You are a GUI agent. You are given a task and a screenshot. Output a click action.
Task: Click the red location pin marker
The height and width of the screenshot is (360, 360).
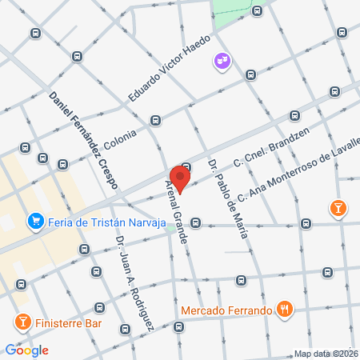coord(179,178)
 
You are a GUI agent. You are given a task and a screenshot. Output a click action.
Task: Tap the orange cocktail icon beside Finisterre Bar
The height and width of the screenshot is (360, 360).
coord(22,322)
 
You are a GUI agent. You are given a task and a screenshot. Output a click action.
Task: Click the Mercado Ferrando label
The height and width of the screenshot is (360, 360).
coord(226,310)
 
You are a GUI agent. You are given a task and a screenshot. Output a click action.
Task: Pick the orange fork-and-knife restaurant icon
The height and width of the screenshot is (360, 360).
coord(284,309)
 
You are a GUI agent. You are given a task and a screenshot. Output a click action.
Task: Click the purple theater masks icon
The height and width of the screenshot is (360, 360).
coord(221,61)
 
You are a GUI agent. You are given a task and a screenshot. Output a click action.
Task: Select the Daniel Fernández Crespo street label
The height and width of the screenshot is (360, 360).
coord(83,140)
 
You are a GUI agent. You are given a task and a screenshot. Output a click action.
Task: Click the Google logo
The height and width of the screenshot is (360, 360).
coord(26,350)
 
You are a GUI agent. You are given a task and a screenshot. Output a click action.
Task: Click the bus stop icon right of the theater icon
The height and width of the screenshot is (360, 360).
coord(250,75)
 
